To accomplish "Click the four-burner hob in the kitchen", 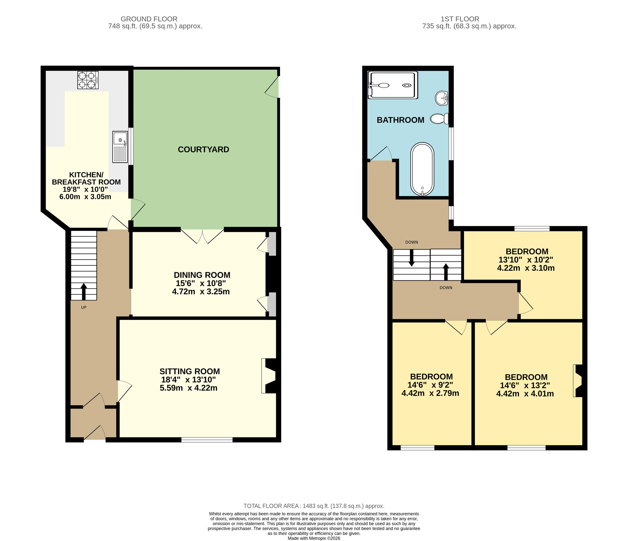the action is click(88, 80).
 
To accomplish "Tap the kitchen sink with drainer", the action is click(120, 147).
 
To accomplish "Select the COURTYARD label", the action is click(203, 150).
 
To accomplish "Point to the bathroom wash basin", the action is click(442, 98).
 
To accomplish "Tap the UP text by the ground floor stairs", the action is click(84, 307).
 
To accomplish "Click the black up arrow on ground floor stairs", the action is click(84, 292).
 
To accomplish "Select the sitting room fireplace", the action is click(269, 376).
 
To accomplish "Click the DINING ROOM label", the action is click(202, 275).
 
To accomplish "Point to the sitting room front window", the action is click(207, 440).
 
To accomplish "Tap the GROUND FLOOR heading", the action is click(149, 19).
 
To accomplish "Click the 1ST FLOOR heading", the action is click(460, 19).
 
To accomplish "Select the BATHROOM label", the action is click(400, 120).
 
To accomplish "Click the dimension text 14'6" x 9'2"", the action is click(430, 385).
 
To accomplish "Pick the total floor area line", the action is click(314, 506).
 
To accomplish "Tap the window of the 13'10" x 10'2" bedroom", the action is click(532, 229).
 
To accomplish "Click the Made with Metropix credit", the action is click(314, 538).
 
